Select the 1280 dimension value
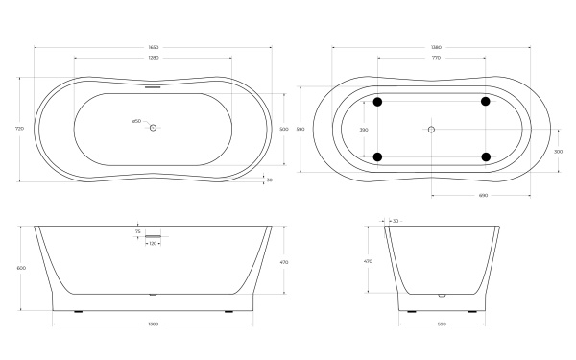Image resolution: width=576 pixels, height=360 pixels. point(153,59)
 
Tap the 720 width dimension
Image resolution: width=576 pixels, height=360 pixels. point(20,128)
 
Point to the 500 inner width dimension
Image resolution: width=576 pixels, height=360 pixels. point(284,129)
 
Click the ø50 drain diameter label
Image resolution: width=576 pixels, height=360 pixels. point(136,121)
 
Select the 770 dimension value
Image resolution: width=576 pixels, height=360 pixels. point(434,59)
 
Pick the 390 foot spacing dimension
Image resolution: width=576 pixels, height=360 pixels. point(364,129)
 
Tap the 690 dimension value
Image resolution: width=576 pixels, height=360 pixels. point(484,195)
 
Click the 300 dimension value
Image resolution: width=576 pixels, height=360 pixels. point(559,151)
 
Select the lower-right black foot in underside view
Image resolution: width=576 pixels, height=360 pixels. point(486,156)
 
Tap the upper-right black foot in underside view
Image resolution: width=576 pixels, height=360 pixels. point(486,101)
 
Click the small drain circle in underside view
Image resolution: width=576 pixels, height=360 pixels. point(431,129)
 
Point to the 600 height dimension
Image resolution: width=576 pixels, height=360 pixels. point(20,268)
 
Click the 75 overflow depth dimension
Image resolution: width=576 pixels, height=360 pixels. point(138,231)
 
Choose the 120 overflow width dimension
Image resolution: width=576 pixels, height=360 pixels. point(153,244)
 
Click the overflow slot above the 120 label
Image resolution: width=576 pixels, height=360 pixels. point(154,236)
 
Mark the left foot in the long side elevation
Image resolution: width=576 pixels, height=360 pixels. point(79,311)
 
